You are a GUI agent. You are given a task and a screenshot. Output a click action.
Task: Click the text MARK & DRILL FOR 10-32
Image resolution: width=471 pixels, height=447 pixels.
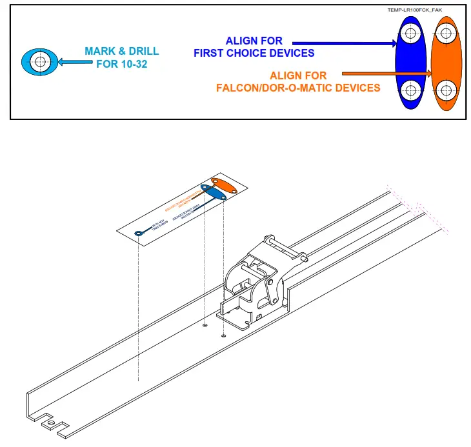(x=121, y=57)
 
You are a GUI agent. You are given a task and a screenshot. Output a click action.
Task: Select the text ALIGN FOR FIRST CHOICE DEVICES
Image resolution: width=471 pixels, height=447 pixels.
(x=254, y=47)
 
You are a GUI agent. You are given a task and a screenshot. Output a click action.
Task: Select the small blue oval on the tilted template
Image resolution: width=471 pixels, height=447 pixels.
(x=212, y=192)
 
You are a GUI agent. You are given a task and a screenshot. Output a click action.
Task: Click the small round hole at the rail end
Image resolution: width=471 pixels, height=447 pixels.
(x=47, y=424)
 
